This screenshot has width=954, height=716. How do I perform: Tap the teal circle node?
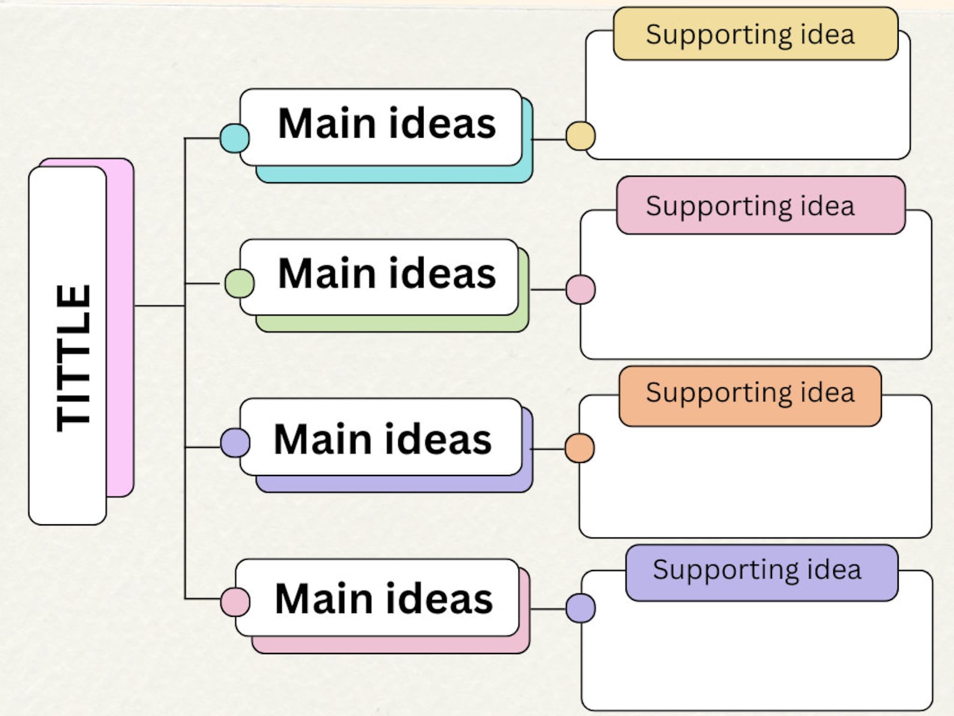[234, 138]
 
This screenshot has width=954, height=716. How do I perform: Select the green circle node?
[239, 283]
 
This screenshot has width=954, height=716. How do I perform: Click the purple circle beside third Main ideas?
[235, 443]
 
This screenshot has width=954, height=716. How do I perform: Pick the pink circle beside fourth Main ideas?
[235, 602]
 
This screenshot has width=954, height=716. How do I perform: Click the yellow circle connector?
[580, 136]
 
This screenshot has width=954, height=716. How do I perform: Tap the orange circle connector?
[580, 448]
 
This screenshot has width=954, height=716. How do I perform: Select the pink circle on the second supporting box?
[580, 289]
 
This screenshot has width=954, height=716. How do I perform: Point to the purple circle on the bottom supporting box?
[580, 608]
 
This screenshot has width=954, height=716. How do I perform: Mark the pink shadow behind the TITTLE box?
[120, 328]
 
